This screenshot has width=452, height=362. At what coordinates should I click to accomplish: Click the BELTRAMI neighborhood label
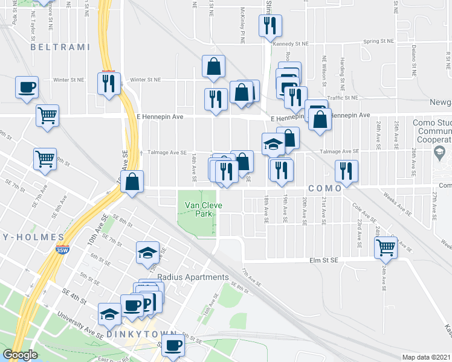[59, 46]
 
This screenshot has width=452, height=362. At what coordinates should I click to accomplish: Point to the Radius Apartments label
[193, 278]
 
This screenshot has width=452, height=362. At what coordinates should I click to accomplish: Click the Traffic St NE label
[343, 98]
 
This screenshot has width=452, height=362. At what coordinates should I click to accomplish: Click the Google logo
[20, 355]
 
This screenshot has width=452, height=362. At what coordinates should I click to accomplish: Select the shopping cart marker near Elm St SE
[385, 246]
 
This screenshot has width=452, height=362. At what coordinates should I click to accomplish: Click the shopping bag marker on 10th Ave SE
[132, 180]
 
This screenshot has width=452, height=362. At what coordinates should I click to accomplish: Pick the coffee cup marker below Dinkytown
[173, 346]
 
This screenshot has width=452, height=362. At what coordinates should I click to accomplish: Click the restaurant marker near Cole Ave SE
[346, 171]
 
